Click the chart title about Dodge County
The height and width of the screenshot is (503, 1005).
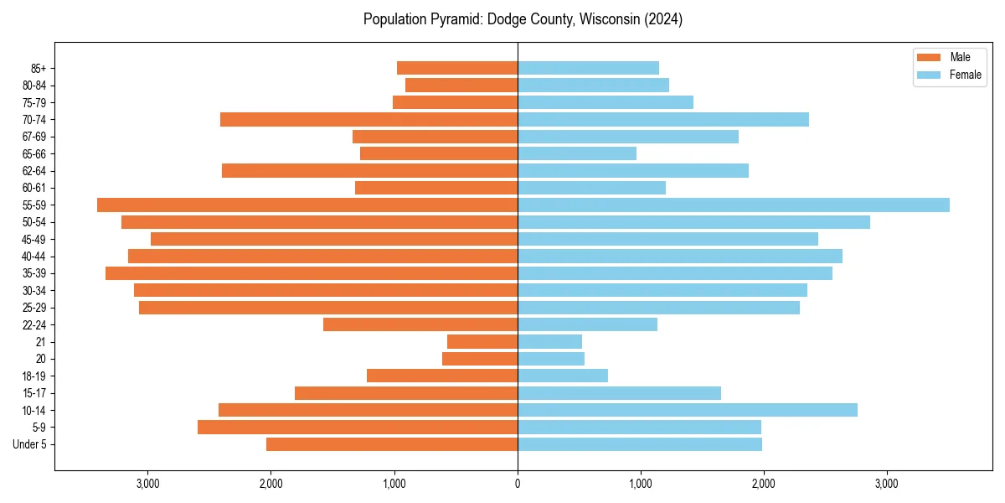523,19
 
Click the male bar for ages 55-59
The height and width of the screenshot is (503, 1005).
307,205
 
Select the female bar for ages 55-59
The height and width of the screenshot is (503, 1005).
734,205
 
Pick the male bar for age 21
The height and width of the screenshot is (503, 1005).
482,342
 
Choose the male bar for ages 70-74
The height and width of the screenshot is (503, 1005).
368,119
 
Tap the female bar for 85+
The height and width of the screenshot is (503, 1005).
588,68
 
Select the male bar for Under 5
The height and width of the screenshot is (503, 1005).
392,444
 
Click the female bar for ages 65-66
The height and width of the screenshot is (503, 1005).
577,153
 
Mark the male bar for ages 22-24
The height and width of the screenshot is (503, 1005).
420,324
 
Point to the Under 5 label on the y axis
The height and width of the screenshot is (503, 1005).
29,444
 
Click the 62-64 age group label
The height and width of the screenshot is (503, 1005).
34,170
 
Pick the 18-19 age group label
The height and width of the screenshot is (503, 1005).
34,376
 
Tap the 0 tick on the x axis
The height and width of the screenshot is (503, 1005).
518,483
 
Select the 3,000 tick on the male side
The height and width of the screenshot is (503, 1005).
147,483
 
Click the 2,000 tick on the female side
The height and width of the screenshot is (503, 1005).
764,483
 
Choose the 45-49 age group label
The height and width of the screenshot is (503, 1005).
34,239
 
